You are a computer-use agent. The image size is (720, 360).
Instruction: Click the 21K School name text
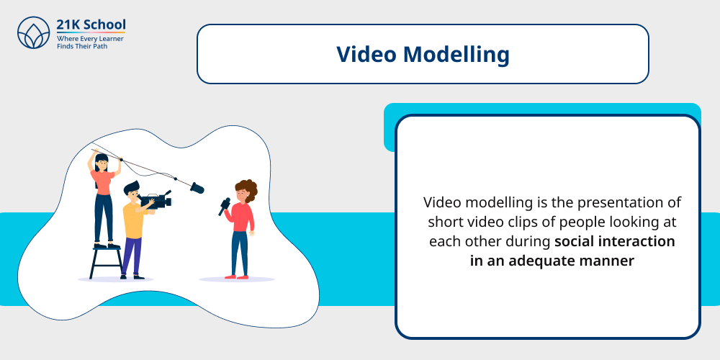pyautogui.click(x=91, y=24)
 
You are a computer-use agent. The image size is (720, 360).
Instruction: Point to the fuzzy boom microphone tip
pyautogui.click(x=197, y=188)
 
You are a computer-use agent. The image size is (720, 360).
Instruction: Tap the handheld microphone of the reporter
pyautogui.click(x=224, y=207)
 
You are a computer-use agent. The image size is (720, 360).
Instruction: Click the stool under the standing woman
pyautogui.click(x=105, y=262)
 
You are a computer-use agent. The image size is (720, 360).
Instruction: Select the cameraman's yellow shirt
pyautogui.click(x=133, y=220)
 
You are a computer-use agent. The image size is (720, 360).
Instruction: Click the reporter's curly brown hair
pyautogui.click(x=247, y=189)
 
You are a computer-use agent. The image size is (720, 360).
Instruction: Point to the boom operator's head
pyautogui.click(x=102, y=162)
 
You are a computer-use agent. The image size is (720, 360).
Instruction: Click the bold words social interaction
pyautogui.click(x=614, y=241)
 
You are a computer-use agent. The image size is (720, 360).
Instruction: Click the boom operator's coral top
pyautogui.click(x=103, y=182)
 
